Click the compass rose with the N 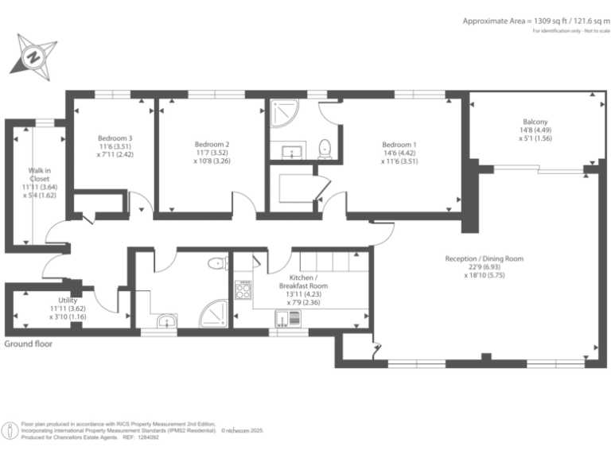pyautogui.click(x=33, y=56)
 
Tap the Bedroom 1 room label pyautogui.click(x=399, y=145)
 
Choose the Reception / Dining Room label pyautogui.click(x=484, y=258)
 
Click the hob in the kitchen pyautogui.click(x=243, y=289)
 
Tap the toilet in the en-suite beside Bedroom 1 pyautogui.click(x=324, y=148)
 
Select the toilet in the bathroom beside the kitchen pyautogui.click(x=216, y=264)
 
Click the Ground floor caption pyautogui.click(x=29, y=343)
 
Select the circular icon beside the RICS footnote pyautogui.click(x=11, y=430)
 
